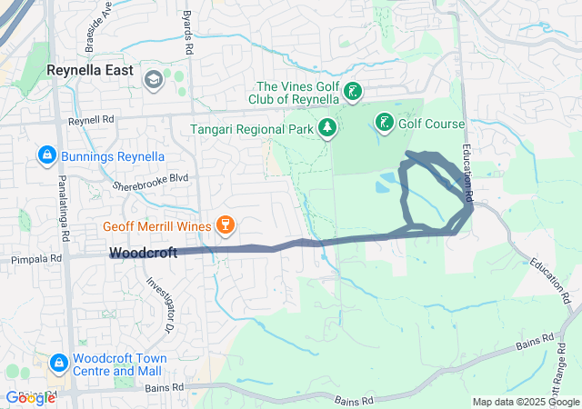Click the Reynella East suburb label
pos(91,70)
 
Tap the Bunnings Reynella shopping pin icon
pos(45,156)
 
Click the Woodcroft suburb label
pos(143,254)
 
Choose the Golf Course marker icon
pos(385,123)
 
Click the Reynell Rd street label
pos(92,120)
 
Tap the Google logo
pos(30,397)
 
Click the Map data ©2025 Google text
pos(525,402)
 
